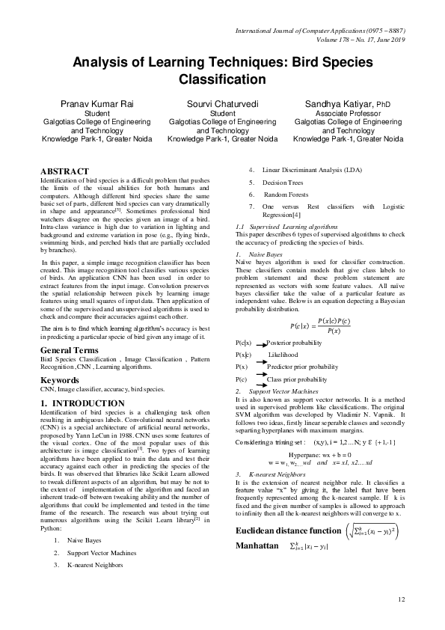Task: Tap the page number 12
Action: [402, 599]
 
